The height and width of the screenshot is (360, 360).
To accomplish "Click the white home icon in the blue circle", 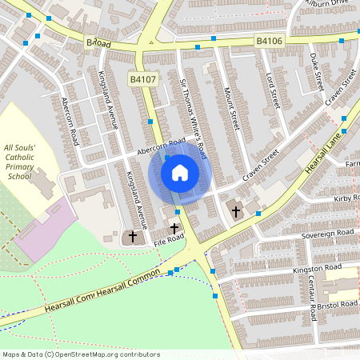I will (x=180, y=172).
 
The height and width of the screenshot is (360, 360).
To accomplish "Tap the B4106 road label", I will (x=270, y=39).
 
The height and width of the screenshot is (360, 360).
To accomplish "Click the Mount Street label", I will (x=232, y=109).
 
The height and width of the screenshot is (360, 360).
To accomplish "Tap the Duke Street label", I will (x=316, y=71).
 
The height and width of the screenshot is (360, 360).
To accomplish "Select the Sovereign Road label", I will (x=327, y=233).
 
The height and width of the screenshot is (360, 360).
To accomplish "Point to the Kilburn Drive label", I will (x=330, y=4).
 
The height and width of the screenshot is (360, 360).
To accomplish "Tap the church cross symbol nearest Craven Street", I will (x=235, y=212).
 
